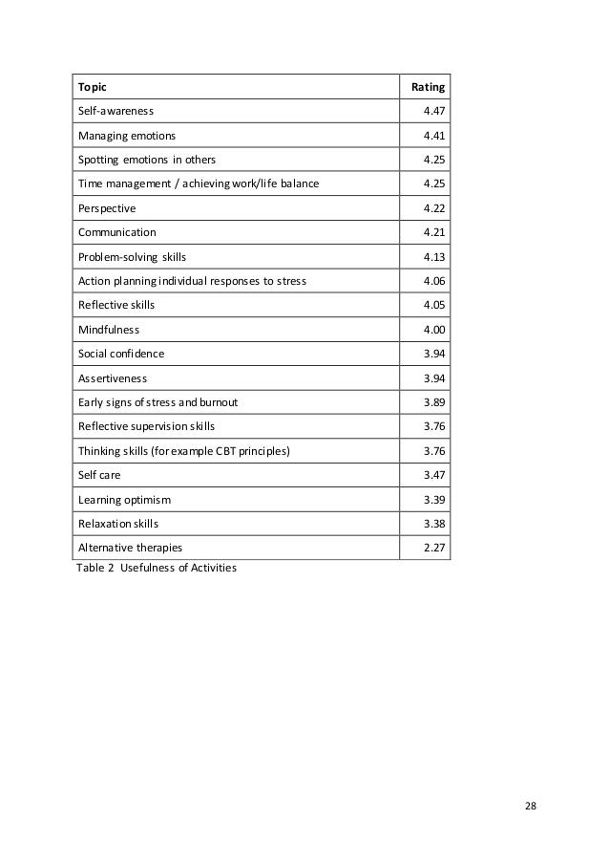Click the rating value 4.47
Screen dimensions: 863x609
pos(434,112)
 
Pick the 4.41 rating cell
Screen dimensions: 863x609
pos(434,136)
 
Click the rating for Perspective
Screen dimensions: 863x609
pos(434,208)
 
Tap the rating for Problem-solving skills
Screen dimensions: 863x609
pos(434,257)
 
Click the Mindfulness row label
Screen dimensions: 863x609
pos(108,330)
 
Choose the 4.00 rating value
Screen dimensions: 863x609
pos(434,330)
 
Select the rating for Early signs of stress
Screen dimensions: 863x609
pos(434,402)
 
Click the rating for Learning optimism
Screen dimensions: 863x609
pos(434,499)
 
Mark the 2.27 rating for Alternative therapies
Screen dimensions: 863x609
pos(434,548)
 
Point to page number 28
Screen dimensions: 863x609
pos(531,805)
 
